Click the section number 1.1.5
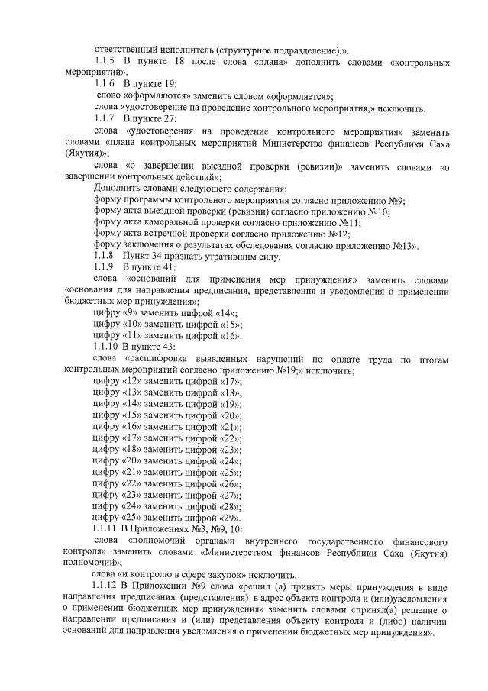click(x=105, y=60)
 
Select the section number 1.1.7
click(x=105, y=119)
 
